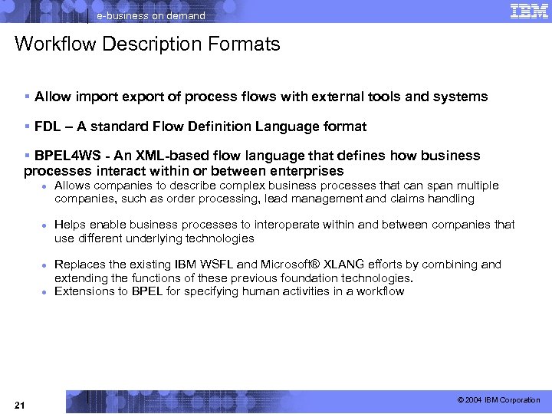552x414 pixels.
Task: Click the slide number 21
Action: coord(20,404)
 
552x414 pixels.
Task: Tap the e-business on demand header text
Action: coord(151,16)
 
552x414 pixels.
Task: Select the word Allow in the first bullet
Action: coord(51,97)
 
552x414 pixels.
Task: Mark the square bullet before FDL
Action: coord(27,126)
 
